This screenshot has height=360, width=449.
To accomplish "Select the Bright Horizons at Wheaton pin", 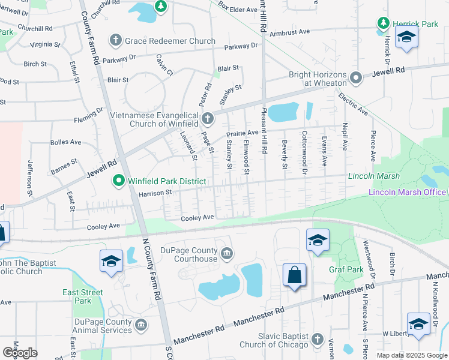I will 356,78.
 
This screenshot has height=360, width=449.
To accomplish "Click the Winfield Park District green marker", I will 118,180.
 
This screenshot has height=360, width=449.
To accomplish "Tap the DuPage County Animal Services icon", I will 140,325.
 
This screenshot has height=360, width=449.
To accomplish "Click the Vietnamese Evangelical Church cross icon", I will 208,118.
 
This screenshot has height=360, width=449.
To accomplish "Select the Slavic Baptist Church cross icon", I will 318,340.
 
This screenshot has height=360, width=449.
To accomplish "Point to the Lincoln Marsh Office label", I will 407,192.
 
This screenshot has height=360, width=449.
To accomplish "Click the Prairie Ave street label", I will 242,133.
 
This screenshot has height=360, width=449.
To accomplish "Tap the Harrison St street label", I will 155,193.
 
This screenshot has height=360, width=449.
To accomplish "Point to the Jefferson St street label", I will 28,178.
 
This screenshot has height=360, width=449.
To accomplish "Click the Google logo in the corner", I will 20,353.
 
